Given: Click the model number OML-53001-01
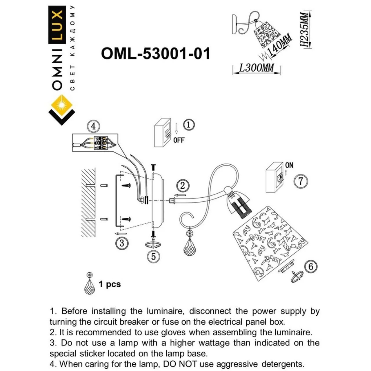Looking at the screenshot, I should click(155, 54).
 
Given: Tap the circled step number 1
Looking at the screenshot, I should click(189, 125).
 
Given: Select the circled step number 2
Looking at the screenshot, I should click(182, 185).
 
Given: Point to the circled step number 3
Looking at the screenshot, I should click(121, 243).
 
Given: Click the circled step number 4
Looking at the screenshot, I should click(93, 126).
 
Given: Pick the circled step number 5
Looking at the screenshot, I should click(153, 257).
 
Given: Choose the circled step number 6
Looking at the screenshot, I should click(311, 266).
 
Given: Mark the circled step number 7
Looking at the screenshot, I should click(301, 181).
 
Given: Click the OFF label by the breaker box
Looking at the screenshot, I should click(179, 140).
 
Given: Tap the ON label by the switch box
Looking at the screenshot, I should click(289, 165).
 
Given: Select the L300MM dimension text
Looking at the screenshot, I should click(257, 68).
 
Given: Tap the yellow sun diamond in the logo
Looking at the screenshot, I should click(61, 105).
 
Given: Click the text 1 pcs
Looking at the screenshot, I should click(110, 284).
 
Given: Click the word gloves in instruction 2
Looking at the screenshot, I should click(174, 332).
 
